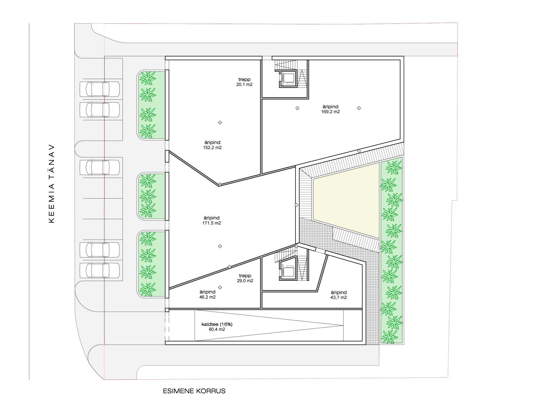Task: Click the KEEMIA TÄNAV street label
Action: click(52, 184)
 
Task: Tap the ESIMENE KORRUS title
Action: click(194, 391)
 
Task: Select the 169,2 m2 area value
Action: click(330, 112)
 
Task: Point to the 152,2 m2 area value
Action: click(212, 148)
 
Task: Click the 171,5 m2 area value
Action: click(212, 223)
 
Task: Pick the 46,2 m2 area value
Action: click(207, 297)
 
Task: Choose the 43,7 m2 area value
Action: click(338, 298)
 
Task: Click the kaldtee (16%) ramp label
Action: click(217, 324)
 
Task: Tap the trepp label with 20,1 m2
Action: click(245, 80)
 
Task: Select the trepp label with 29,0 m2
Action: click(245, 276)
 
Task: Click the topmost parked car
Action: click(100, 89)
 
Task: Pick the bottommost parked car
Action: click(100, 270)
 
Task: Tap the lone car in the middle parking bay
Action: click(100, 167)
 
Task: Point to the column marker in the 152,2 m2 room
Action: click(220, 122)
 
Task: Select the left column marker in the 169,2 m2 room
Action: click(297, 108)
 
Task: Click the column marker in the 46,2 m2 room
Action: click(220, 287)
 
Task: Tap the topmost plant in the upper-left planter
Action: click(148, 78)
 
